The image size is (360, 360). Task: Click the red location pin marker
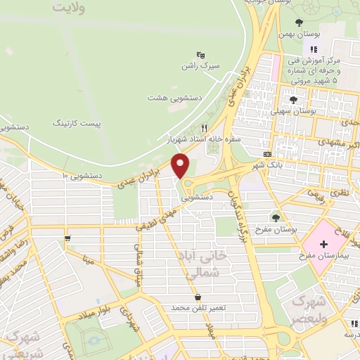coord(181,166)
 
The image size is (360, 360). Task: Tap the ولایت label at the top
coord(72,8)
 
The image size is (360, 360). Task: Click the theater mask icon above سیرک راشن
coord(200,54)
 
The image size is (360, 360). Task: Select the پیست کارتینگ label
coord(77,122)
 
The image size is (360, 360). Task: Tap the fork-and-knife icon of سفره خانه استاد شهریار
coord(205,128)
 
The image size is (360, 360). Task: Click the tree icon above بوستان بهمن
coord(298,22)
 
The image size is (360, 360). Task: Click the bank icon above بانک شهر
coord(266,154)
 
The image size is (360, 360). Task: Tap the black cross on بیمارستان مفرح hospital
coord(323,245)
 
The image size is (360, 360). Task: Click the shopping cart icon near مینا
coord(67,238)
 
